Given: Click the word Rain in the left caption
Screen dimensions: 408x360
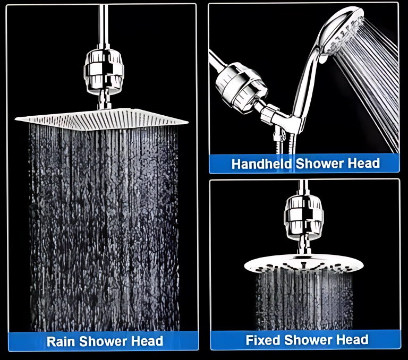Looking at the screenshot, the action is click(61, 341).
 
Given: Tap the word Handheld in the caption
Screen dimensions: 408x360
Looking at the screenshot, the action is click(261, 164).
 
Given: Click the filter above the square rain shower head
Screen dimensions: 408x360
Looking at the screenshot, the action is click(104, 72).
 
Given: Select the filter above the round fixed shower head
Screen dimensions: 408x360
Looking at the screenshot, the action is click(304, 218).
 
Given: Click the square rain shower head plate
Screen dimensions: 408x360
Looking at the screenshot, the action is click(101, 119).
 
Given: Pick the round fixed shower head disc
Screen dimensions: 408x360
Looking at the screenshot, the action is click(304, 263).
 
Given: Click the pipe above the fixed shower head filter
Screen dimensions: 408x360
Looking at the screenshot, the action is click(303, 187).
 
